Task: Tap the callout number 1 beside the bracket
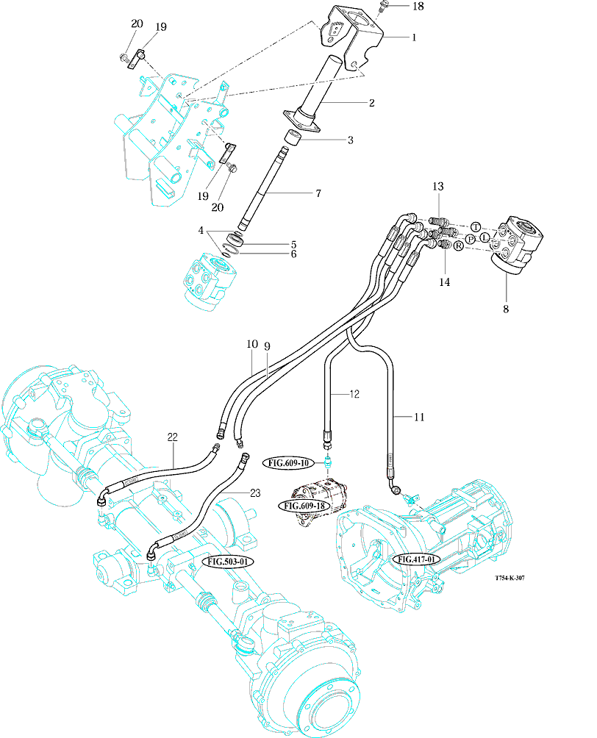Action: (414, 37)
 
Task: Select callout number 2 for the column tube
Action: (372, 103)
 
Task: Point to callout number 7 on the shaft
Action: (318, 193)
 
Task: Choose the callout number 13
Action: (438, 187)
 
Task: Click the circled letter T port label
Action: (475, 226)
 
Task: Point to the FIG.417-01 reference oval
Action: (417, 559)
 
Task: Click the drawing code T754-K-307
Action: (510, 578)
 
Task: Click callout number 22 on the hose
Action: (173, 437)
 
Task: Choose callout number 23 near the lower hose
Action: (255, 494)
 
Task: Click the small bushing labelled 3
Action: (294, 137)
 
